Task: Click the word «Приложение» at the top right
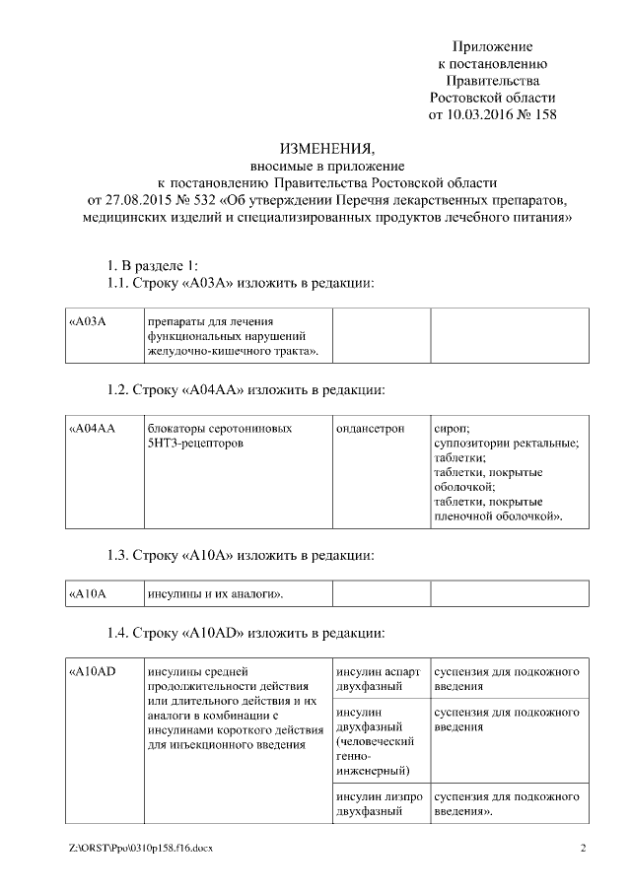pos(492,46)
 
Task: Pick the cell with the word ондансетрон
pos(381,473)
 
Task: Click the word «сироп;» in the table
pos(452,429)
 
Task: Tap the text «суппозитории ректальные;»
pos(506,444)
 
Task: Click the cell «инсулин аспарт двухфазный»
pos(381,678)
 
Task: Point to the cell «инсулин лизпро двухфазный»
pos(381,803)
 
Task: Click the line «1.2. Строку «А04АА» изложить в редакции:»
pos(245,389)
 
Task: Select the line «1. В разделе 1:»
pos(153,266)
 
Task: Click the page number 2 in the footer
pos(583,848)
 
